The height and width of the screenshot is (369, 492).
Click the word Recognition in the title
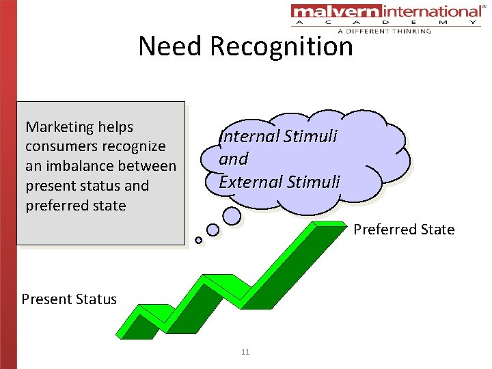tap(282, 46)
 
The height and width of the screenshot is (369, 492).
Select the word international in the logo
tap(430, 12)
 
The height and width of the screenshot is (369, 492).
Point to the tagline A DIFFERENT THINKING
tap(384, 31)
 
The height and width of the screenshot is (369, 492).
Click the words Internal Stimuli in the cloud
tap(278, 136)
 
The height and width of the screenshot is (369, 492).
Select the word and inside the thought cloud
tap(233, 159)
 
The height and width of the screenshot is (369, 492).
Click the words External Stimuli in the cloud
tap(279, 182)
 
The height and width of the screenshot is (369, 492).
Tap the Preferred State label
tap(404, 230)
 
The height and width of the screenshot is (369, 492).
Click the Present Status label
tap(69, 299)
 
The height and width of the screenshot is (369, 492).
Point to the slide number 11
tap(245, 352)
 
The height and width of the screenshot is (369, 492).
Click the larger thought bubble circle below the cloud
tap(232, 216)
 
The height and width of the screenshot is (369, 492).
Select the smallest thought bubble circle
tap(198, 240)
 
